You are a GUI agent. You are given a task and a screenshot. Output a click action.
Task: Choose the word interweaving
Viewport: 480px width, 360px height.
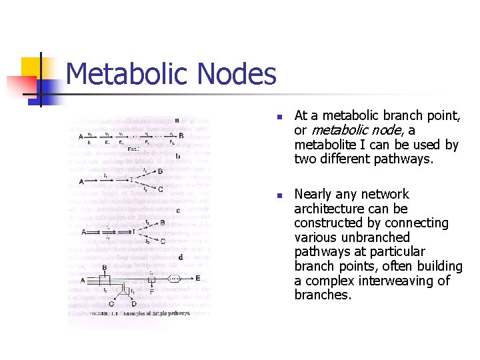pyautogui.click(x=393, y=281)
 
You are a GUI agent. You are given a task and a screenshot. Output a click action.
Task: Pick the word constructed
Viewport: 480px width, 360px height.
pyautogui.click(x=328, y=223)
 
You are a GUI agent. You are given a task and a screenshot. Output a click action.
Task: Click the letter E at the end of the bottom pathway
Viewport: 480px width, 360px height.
pyautogui.click(x=197, y=278)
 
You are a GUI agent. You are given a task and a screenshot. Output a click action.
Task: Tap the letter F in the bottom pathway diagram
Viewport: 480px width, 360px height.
pyautogui.click(x=152, y=291)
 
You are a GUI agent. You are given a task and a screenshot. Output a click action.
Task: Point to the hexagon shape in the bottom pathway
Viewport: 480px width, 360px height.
pyautogui.click(x=175, y=279)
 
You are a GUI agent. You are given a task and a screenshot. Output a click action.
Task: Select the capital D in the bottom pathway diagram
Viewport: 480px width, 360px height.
pyautogui.click(x=134, y=304)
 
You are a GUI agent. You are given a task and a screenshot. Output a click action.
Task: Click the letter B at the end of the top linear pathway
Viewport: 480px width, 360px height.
pyautogui.click(x=181, y=135)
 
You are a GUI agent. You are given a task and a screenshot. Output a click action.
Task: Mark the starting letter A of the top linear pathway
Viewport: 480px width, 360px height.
pyautogui.click(x=81, y=137)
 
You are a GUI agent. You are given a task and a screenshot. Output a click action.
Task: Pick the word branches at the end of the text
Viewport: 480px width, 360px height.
pyautogui.click(x=322, y=295)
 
